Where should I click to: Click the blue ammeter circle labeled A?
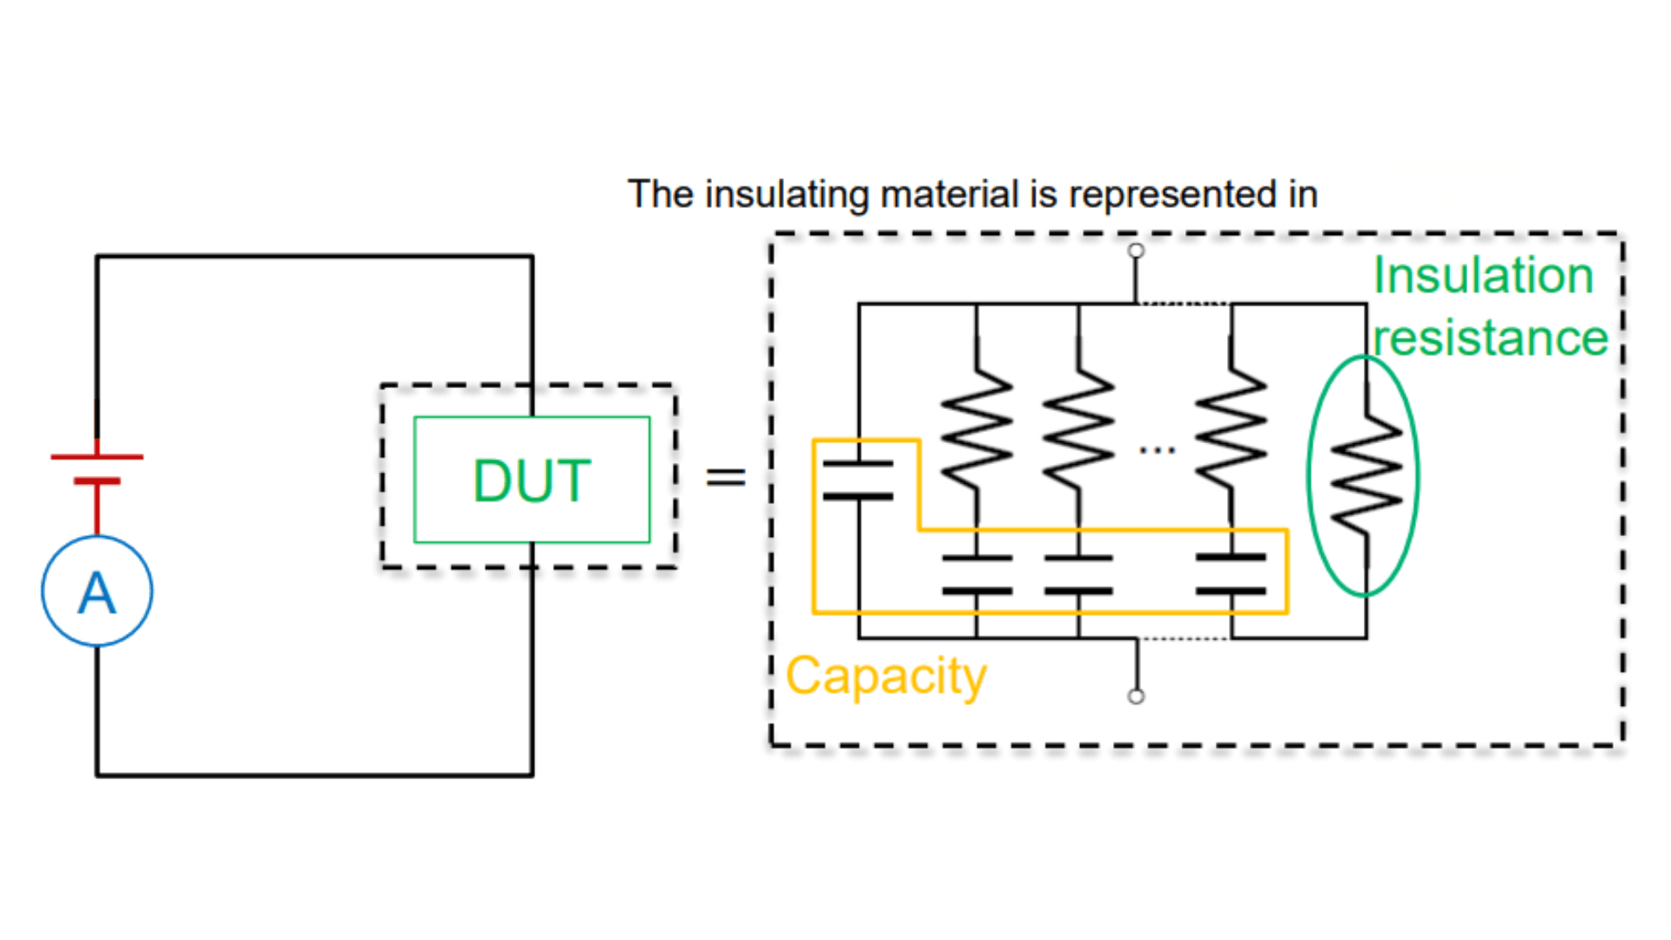[97, 591]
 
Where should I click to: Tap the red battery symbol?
[97, 468]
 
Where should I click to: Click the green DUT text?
[532, 480]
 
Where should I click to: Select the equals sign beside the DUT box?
[725, 476]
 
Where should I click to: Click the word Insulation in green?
[1483, 276]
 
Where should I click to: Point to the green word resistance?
[1490, 338]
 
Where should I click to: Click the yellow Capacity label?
[886, 675]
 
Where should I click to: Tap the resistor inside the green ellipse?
[1366, 474]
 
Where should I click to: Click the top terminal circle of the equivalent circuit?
[1136, 251]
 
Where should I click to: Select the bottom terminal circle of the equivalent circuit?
[1136, 696]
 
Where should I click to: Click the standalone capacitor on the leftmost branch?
[858, 480]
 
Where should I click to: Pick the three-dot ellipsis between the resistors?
[1157, 450]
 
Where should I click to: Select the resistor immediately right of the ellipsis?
[1231, 428]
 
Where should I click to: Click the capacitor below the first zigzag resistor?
[976, 574]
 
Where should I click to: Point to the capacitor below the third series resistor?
[1231, 574]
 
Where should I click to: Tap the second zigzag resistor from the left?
[1078, 428]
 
